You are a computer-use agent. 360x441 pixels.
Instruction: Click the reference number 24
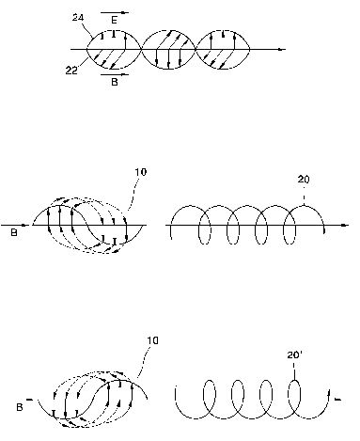[x=78, y=17]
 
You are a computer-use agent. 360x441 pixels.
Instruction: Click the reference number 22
[x=71, y=71]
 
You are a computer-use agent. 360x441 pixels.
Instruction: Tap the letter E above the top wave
[x=115, y=21]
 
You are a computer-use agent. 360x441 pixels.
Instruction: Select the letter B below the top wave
[x=115, y=82]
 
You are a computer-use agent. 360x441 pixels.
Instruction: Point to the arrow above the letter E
[x=115, y=13]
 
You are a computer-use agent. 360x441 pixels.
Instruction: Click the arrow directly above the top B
[x=115, y=74]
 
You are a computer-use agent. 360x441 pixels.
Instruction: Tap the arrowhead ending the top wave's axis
[x=282, y=49]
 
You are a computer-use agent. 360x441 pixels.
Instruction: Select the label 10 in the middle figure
[x=141, y=172]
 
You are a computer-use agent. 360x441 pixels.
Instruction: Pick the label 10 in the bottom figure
[x=152, y=340]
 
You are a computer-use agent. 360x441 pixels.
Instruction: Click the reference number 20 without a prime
[x=304, y=180]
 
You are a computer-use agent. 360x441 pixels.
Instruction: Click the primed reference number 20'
[x=294, y=355]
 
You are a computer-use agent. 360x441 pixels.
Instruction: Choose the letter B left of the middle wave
[x=14, y=233]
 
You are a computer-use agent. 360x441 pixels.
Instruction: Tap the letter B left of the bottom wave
[x=20, y=407]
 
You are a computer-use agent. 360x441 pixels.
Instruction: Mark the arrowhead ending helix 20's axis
[x=345, y=225]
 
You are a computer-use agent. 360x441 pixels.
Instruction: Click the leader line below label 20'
[x=294, y=371]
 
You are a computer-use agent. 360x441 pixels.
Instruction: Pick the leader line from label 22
[x=83, y=62]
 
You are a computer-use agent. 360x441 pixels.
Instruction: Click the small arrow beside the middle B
[x=24, y=225]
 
